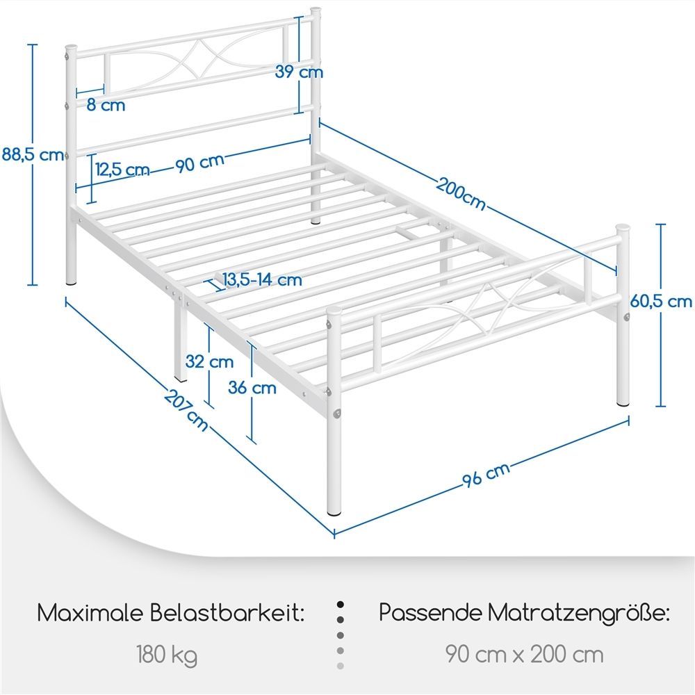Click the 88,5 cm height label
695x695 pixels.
click(33, 155)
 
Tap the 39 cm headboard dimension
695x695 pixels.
click(299, 72)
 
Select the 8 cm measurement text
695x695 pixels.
click(106, 105)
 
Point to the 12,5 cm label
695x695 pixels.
click(122, 170)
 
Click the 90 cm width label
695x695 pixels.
click(200, 163)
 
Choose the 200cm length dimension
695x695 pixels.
click(461, 193)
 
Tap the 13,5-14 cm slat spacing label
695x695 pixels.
click(262, 279)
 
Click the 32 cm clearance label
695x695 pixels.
click(209, 361)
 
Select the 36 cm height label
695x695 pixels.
click(252, 388)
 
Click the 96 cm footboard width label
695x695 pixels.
click(486, 475)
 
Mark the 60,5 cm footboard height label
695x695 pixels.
click(661, 302)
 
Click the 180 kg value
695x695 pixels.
click(167, 655)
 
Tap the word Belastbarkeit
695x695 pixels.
click(227, 613)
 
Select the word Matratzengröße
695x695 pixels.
click(578, 614)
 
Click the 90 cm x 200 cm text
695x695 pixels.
click(524, 654)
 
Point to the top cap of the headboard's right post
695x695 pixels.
click(315, 10)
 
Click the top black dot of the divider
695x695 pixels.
click(341, 605)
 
